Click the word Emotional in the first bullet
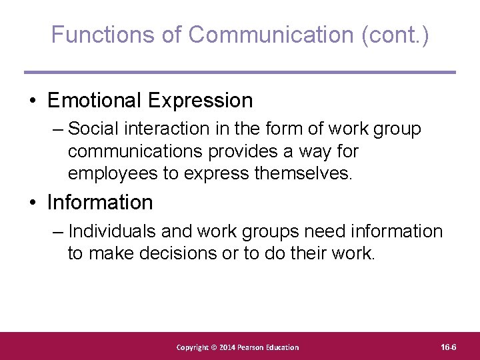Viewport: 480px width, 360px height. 95,101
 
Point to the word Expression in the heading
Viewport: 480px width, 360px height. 201,101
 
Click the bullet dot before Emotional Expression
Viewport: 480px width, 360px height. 33,101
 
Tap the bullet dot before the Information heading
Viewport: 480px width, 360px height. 33,203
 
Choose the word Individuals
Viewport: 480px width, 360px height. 115,231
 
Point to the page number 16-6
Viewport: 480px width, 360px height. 449,347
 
